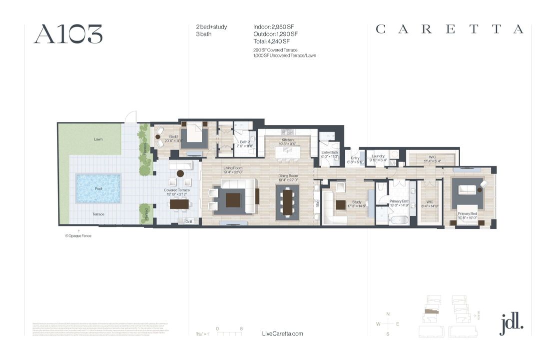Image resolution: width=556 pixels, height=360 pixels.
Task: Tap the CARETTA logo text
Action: pyautogui.click(x=450, y=29)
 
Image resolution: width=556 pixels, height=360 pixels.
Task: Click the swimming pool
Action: pyautogui.click(x=98, y=188)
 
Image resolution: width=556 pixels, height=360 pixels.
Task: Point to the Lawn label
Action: pyautogui.click(x=98, y=139)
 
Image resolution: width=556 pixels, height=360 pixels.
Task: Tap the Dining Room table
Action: pyautogui.click(x=288, y=200)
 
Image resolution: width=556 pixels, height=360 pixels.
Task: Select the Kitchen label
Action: pyautogui.click(x=288, y=140)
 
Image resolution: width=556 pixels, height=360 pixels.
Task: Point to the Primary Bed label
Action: pyautogui.click(x=468, y=214)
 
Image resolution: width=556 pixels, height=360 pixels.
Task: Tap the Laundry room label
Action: pyautogui.click(x=378, y=156)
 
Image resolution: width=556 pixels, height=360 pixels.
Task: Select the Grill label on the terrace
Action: pyautogui.click(x=188, y=221)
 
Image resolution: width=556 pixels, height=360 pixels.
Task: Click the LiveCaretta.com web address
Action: pyautogui.click(x=282, y=333)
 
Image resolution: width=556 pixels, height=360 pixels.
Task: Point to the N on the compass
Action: pyautogui.click(x=388, y=313)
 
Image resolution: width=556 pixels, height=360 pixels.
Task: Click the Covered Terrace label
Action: pyautogui.click(x=177, y=190)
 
